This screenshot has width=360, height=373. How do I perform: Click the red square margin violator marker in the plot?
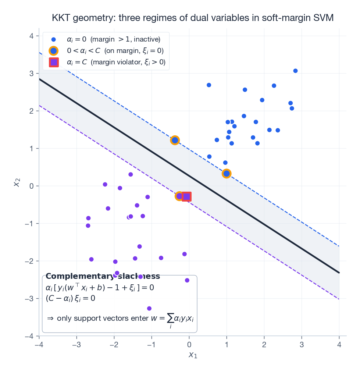[186, 196]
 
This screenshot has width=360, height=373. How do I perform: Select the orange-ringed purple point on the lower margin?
[179, 196]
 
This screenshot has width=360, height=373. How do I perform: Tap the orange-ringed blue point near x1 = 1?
[227, 174]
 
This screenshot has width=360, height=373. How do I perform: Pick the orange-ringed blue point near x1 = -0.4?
[175, 140]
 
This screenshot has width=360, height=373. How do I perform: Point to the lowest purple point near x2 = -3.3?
[149, 308]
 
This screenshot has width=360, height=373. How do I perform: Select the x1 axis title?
[193, 355]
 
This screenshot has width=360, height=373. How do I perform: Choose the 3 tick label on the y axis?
[32, 74]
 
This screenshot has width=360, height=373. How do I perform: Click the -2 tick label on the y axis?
[30, 261]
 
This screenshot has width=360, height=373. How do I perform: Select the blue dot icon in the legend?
[54, 39]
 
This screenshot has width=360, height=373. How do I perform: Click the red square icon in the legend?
[54, 63]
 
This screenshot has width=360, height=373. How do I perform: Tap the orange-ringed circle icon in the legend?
[54, 51]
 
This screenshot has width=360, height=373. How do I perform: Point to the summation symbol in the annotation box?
[170, 318]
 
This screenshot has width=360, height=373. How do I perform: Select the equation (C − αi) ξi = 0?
[70, 298]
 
